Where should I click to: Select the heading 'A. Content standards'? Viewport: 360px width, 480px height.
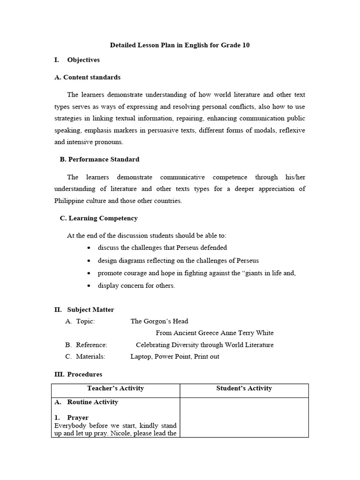tap(87, 77)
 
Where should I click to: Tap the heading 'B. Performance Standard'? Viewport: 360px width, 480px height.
tap(99, 159)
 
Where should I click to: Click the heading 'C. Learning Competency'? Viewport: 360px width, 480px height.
tap(98, 218)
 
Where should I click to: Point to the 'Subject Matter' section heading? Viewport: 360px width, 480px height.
tap(90, 310)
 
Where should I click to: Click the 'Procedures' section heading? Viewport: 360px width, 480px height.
tap(84, 374)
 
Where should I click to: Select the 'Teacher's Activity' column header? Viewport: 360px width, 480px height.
tap(115, 388)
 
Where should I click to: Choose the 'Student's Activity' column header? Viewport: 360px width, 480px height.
tap(244, 388)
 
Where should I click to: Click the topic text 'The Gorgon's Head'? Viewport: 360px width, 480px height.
tap(159, 321)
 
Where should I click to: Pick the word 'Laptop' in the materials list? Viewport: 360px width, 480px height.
tap(141, 356)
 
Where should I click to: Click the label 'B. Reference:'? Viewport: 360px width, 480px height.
tap(86, 345)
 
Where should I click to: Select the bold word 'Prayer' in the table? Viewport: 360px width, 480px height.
tap(78, 417)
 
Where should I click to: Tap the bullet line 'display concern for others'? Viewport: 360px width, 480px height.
tap(136, 285)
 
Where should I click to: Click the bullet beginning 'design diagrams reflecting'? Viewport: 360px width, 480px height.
tap(178, 260)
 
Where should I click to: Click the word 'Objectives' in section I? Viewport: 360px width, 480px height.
tap(83, 60)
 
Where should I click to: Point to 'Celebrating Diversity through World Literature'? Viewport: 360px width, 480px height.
tap(204, 345)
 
